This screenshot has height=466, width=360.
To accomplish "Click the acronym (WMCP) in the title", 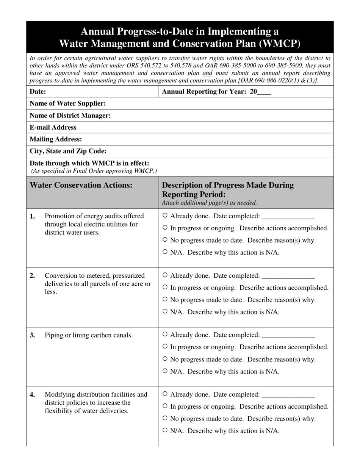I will (x=279, y=44).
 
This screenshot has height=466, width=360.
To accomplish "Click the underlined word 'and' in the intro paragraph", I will (x=207, y=73).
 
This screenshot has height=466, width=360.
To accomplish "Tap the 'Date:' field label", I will (x=38, y=91).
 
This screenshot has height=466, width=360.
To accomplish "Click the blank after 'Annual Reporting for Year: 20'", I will (x=264, y=92).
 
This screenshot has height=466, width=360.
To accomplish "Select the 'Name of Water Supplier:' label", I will (x=67, y=103).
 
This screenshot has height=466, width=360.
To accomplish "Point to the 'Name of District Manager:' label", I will (x=70, y=116).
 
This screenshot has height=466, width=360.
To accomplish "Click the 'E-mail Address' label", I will (x=53, y=127).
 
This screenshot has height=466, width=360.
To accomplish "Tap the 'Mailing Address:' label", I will (x=56, y=139).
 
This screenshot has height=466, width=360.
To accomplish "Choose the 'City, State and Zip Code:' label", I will (x=68, y=151).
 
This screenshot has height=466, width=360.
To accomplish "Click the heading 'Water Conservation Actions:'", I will (x=81, y=185).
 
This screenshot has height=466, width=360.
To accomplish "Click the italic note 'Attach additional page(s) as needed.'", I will (x=209, y=203).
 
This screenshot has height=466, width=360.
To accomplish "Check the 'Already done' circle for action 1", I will (x=165, y=216).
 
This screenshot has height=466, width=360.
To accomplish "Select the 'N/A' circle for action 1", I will (x=165, y=252).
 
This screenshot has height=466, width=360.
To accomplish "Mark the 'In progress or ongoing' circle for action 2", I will (x=165, y=287).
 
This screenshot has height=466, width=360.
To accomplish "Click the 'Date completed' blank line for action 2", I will (x=288, y=276).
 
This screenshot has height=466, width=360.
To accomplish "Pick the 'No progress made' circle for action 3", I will (x=165, y=359).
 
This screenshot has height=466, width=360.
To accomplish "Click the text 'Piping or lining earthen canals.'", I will (x=89, y=335).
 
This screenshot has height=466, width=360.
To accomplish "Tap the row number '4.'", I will (x=33, y=395).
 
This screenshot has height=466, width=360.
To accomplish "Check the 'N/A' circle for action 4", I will (x=165, y=430).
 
